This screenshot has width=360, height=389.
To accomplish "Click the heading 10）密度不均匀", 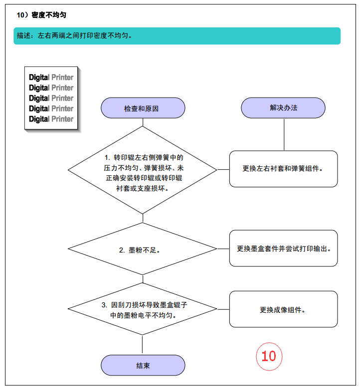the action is pyautogui.click(x=41, y=15).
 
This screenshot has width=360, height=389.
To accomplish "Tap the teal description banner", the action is pyautogui.click(x=177, y=36).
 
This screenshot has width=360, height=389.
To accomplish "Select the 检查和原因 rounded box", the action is pyautogui.click(x=143, y=108).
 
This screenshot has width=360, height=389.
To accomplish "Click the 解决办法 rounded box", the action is pyautogui.click(x=283, y=108).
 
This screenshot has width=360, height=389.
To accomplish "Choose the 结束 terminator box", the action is pyautogui.click(x=143, y=365).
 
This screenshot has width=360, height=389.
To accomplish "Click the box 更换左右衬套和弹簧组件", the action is pyautogui.click(x=283, y=169).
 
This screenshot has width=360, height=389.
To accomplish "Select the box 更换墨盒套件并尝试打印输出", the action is pyautogui.click(x=283, y=248).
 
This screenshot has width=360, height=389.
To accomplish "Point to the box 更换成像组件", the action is pyautogui.click(x=283, y=309).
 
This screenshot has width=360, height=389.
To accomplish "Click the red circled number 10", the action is pyautogui.click(x=269, y=357).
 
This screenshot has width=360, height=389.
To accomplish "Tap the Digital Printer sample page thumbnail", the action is pyautogui.click(x=51, y=98).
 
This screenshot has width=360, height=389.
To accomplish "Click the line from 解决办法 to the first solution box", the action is pyautogui.click(x=284, y=134).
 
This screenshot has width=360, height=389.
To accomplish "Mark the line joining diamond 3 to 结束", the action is pyautogui.click(x=142, y=344).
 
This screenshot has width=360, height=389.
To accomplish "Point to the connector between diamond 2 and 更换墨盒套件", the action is pyautogui.click(x=223, y=249).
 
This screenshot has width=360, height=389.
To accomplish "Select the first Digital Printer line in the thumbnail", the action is pyautogui.click(x=51, y=77).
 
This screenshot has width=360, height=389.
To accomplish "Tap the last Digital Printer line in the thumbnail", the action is pyautogui.click(x=51, y=119).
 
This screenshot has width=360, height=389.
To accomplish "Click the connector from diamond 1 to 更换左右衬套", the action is pyautogui.click(x=223, y=170).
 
